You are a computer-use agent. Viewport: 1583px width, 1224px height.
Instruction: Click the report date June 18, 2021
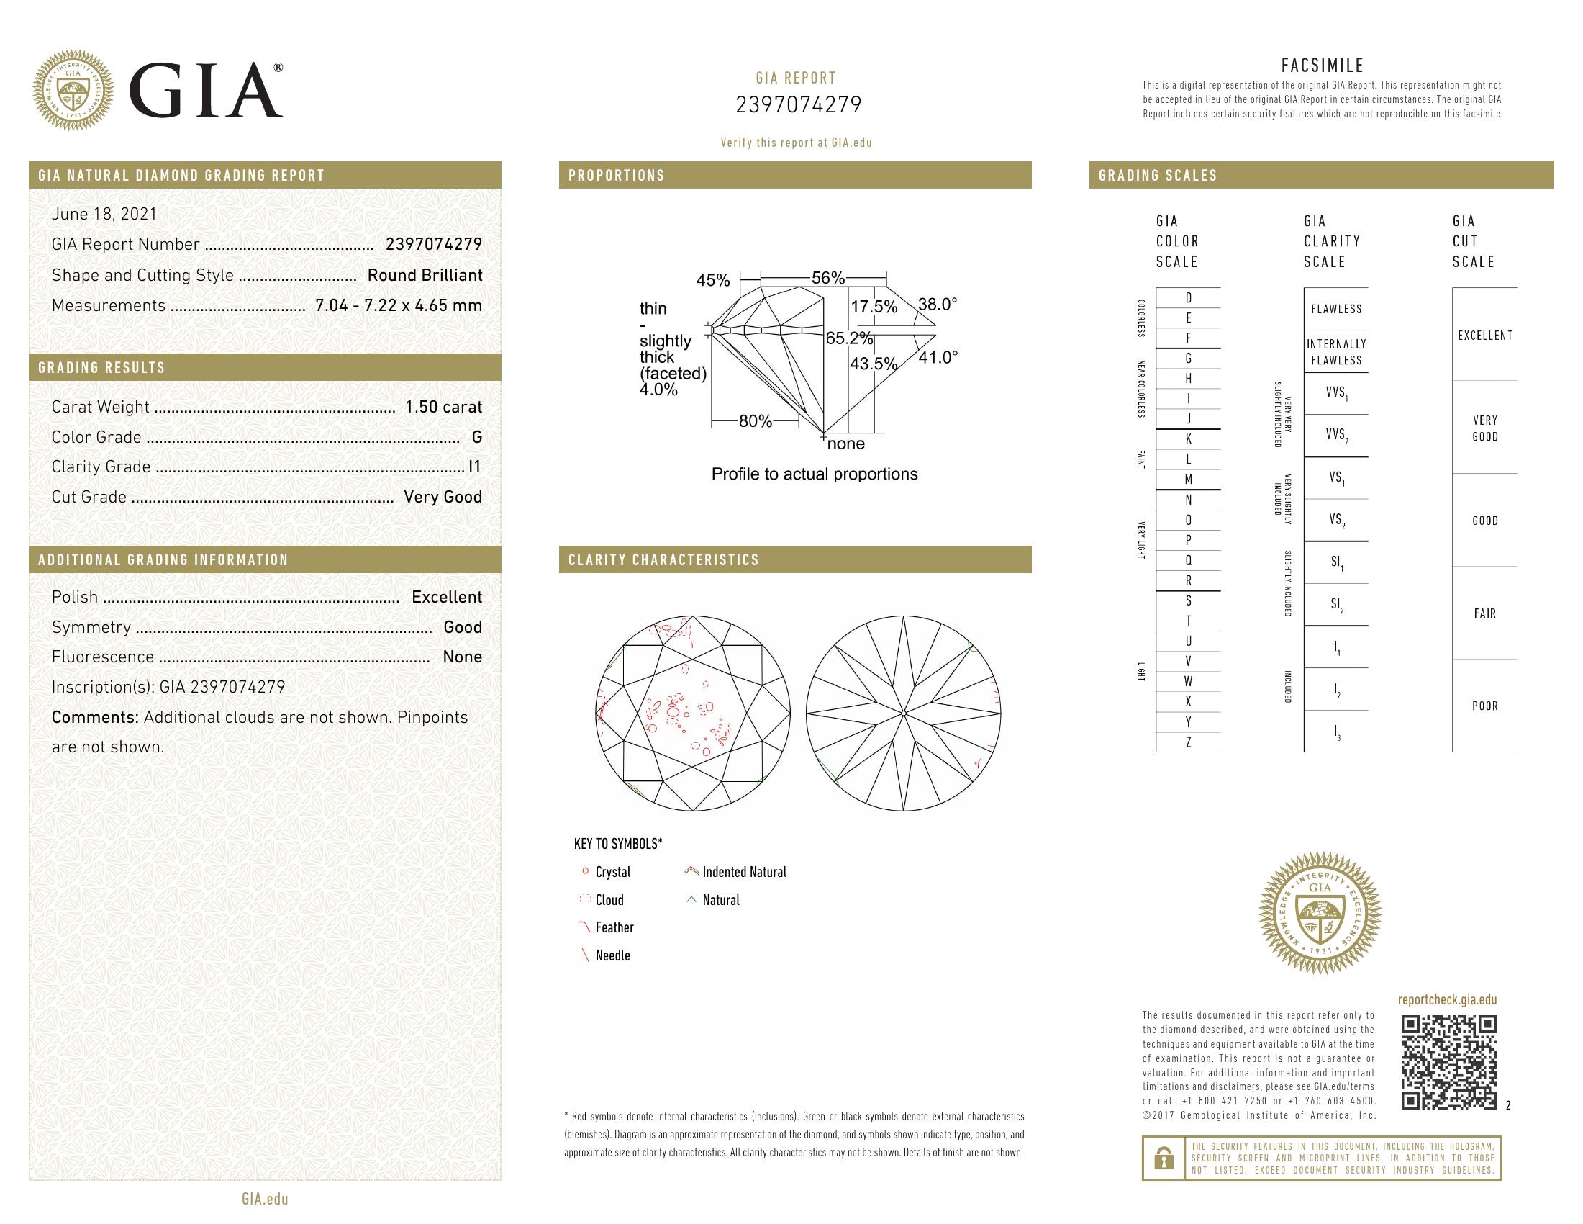[x=104, y=214]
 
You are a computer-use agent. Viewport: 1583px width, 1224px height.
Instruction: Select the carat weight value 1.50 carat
[x=443, y=407]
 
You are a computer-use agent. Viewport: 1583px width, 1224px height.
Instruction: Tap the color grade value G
[x=476, y=437]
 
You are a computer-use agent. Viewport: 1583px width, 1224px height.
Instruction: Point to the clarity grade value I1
[x=475, y=467]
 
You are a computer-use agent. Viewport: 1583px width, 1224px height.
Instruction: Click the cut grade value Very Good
[x=442, y=498]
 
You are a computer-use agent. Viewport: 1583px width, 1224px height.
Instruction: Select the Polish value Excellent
[x=447, y=598]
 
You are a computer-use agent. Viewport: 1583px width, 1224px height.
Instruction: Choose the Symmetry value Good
[x=463, y=627]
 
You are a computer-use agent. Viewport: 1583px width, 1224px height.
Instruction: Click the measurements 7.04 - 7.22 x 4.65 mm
[x=398, y=305]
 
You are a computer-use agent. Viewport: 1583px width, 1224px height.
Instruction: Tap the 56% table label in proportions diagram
[x=827, y=278]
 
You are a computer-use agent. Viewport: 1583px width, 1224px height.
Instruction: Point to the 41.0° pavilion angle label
[x=938, y=358]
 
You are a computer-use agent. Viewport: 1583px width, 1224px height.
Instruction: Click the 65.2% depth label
[x=850, y=338]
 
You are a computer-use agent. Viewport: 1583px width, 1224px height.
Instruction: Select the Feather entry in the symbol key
[x=613, y=927]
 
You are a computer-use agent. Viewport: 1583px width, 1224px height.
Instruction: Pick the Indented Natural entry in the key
[x=743, y=873]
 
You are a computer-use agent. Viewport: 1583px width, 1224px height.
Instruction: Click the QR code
[x=1448, y=1062]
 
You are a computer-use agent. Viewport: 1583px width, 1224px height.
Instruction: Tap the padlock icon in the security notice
[x=1164, y=1158]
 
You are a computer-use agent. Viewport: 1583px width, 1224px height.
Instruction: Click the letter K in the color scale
[x=1188, y=439]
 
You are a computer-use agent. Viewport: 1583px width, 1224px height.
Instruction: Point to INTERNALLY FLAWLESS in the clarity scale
[x=1336, y=352]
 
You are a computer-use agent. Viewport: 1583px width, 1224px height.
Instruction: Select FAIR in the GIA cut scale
[x=1484, y=613]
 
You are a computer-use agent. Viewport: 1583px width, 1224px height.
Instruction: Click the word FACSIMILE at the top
[x=1322, y=66]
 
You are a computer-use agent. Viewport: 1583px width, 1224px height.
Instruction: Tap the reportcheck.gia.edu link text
[x=1447, y=1000]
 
